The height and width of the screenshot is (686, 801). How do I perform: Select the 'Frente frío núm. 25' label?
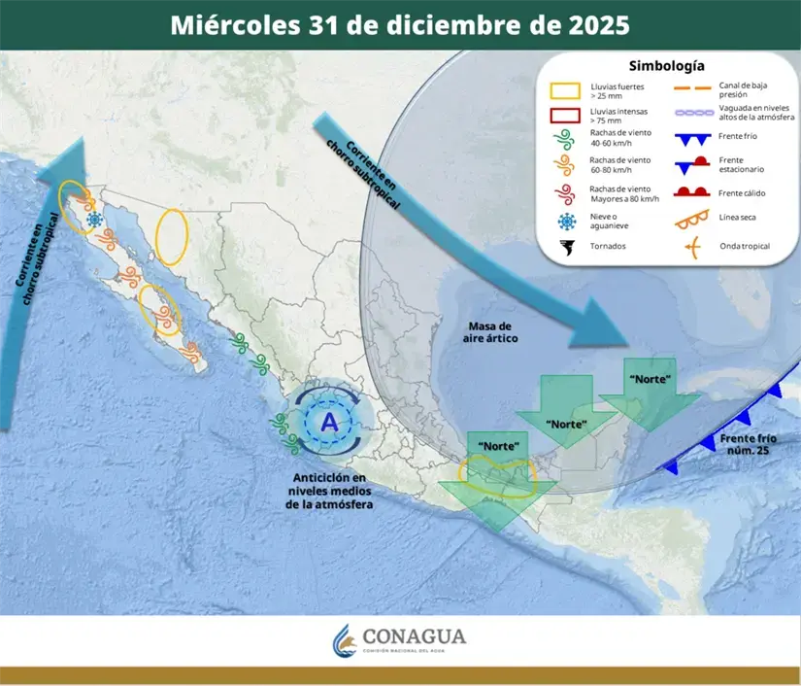[751, 447]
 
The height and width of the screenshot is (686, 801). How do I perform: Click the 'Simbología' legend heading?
[666, 66]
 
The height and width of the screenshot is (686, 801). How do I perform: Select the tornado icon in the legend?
[565, 246]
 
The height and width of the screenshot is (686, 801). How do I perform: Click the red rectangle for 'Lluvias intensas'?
[565, 117]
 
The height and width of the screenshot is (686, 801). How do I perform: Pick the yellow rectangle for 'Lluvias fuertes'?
[565, 90]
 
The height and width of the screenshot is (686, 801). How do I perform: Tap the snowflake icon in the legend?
[565, 220]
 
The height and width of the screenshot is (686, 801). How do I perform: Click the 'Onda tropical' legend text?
[744, 246]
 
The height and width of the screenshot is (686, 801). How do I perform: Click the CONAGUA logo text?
[414, 637]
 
